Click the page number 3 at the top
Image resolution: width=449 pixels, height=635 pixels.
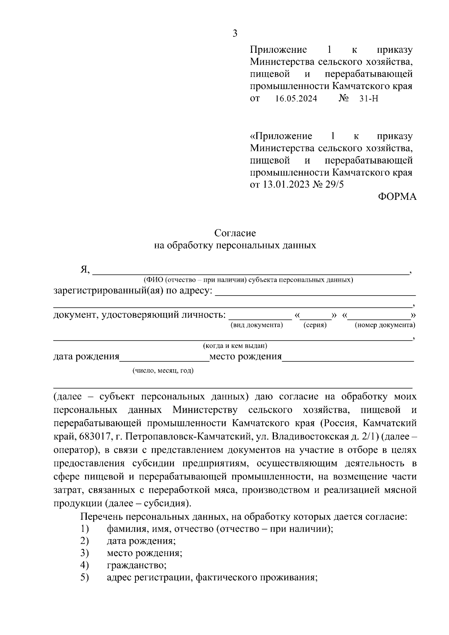tap(235, 34)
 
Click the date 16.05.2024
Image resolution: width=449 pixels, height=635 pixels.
tap(296, 99)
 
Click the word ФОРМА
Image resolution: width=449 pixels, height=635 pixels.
tap(397, 197)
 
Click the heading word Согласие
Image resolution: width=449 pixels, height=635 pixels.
tap(235, 233)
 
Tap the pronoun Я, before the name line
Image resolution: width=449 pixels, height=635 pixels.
tap(85, 269)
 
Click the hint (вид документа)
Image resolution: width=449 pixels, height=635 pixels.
tap(257, 325)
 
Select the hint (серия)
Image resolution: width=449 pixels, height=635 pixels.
tap(315, 325)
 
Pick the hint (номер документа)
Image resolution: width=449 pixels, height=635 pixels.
tap(385, 325)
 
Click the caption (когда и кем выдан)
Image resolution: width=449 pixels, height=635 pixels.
tap(235, 346)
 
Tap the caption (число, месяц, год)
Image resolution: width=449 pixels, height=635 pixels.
tap(163, 371)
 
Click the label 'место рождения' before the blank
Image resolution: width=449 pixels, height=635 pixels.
tap(245, 357)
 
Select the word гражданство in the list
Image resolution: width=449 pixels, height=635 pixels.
tap(136, 565)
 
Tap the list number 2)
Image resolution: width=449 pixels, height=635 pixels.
tap(84, 541)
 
